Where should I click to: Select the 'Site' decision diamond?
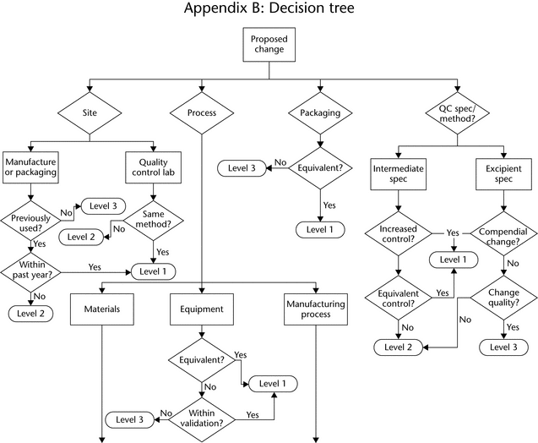click(x=90, y=112)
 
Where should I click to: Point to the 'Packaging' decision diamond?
click(x=318, y=113)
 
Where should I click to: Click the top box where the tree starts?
click(x=269, y=45)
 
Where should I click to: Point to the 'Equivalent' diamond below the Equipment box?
click(x=202, y=361)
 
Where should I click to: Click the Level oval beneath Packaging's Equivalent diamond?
click(x=318, y=228)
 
